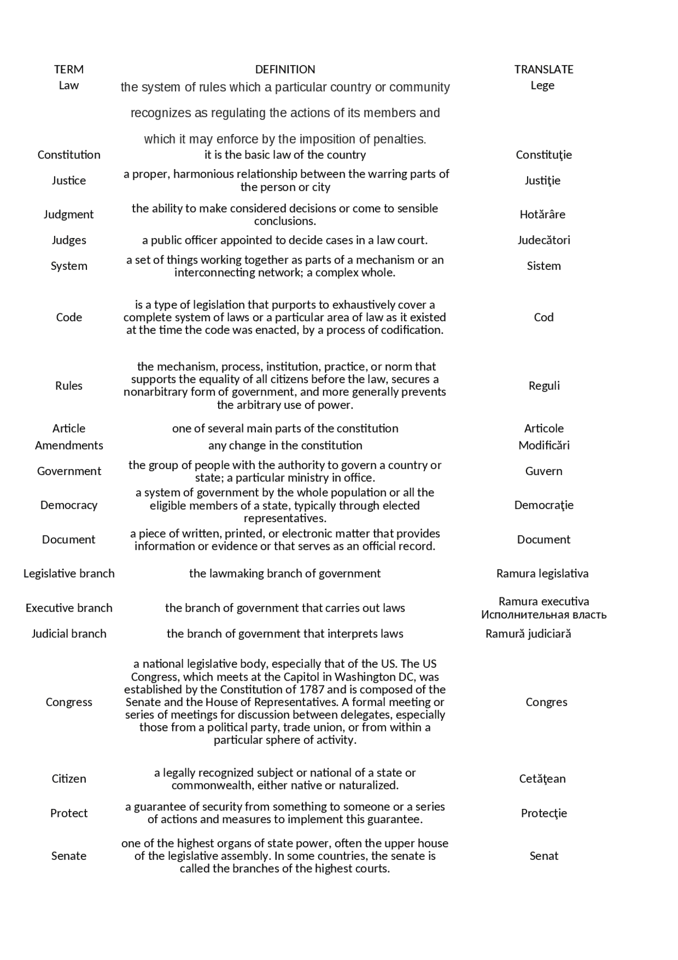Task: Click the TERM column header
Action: [x=69, y=69]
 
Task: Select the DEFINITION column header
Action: [x=285, y=69]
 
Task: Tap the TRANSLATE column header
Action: [x=543, y=69]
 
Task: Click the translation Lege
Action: [x=542, y=85]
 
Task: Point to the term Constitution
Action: [x=69, y=155]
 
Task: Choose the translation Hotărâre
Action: [x=542, y=215]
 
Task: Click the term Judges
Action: [x=69, y=240]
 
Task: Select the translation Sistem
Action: [x=543, y=266]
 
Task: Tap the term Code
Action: [x=69, y=318]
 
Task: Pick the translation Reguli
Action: [x=544, y=386]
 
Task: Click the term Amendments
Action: [x=69, y=446]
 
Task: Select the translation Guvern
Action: [x=543, y=471]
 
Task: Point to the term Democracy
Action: [x=69, y=505]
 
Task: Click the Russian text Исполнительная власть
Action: [x=543, y=615]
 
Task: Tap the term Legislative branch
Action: [x=69, y=574]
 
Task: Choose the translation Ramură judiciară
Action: [x=528, y=634]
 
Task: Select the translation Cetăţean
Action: [x=542, y=779]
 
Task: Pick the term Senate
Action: [x=69, y=856]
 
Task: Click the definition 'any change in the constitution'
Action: [x=285, y=446]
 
